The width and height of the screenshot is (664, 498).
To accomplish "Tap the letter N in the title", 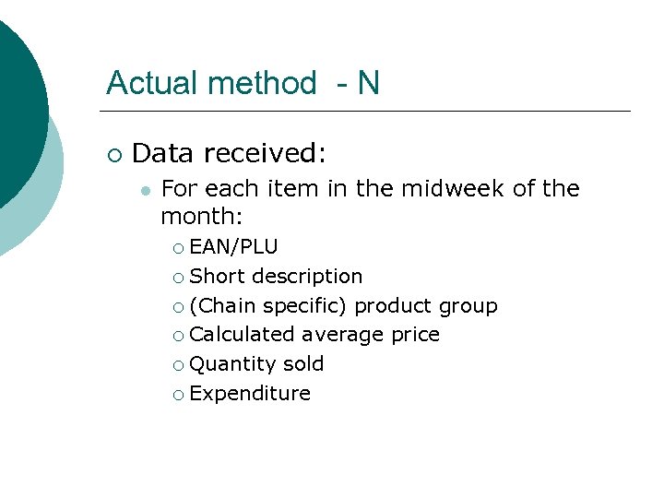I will click(x=368, y=83).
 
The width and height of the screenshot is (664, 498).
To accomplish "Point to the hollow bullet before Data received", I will click(x=113, y=153).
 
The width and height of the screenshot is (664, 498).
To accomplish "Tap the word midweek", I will click(x=452, y=189).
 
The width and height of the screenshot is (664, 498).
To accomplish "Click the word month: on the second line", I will click(x=201, y=217).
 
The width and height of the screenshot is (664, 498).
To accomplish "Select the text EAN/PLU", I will click(x=233, y=247).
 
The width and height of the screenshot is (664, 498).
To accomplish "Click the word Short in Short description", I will click(x=217, y=276).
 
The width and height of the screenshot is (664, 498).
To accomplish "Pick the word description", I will click(x=307, y=276).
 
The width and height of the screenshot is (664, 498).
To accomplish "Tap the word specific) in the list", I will click(x=305, y=305).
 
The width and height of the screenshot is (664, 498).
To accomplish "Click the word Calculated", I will click(x=242, y=334).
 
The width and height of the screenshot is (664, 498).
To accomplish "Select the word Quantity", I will click(x=229, y=363).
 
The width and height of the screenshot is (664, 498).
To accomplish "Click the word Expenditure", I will click(x=250, y=393).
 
